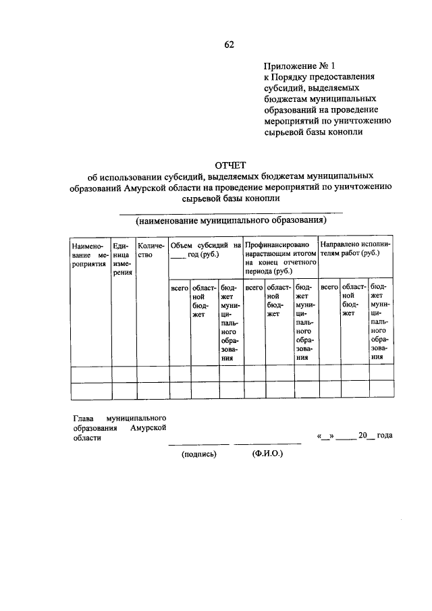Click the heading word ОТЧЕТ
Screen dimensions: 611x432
tap(230, 165)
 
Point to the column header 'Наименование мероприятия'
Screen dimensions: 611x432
tap(90, 255)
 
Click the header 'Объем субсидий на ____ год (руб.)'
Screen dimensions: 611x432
tap(205, 250)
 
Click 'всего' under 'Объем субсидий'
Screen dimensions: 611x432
tap(179, 288)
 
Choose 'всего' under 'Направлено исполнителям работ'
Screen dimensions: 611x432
tap(329, 288)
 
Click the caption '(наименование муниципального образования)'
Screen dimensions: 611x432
tap(230, 220)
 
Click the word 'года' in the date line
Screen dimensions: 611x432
tap(385, 436)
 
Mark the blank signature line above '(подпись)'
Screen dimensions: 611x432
tap(198, 444)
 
